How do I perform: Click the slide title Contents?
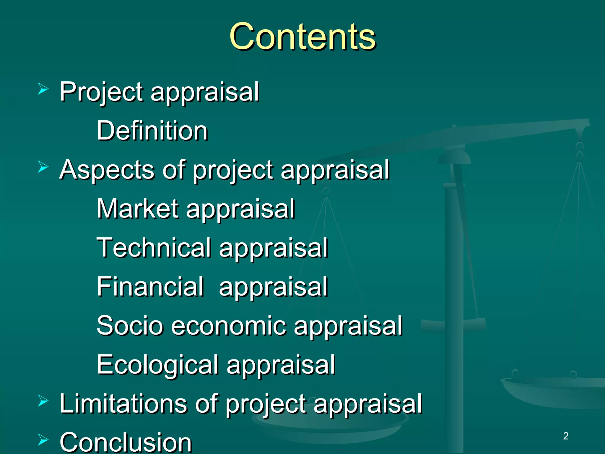302,37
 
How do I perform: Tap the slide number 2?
566,436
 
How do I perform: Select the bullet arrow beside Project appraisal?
43,89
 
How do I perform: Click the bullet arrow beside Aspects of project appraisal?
43,167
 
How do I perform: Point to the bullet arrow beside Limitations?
43,401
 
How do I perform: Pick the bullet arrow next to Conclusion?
43,440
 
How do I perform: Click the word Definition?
152,131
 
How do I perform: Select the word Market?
137,209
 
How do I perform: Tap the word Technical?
154,248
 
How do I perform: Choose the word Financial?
150,286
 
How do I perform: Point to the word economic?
229,325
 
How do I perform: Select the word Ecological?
157,364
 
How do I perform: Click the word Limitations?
123,403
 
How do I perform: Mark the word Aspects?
107,170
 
